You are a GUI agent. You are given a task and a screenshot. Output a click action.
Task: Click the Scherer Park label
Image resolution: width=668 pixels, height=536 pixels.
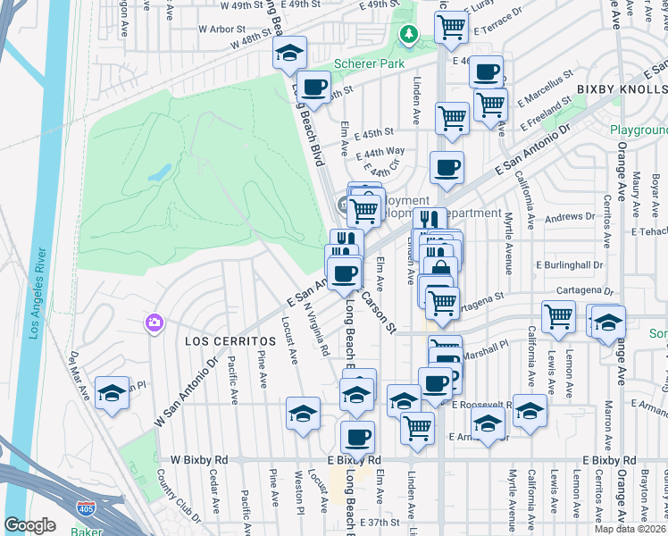pyautogui.click(x=368, y=64)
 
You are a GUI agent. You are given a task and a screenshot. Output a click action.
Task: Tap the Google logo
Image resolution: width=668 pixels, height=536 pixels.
pyautogui.click(x=29, y=525)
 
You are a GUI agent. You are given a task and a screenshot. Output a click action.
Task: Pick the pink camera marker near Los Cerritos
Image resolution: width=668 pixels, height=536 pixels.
pyautogui.click(x=154, y=322)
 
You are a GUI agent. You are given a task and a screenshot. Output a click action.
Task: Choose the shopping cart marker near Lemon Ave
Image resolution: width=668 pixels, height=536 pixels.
pyautogui.click(x=558, y=314)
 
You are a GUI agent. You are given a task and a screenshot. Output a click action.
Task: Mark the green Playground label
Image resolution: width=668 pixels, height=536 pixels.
pyautogui.click(x=639, y=130)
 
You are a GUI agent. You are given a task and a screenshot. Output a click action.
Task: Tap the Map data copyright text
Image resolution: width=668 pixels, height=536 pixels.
pyautogui.click(x=630, y=529)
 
